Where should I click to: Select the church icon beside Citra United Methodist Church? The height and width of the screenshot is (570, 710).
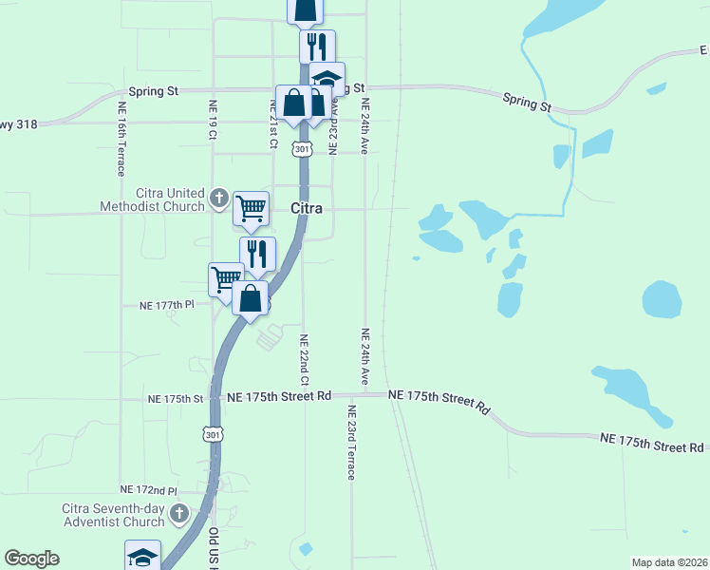pyautogui.click(x=218, y=199)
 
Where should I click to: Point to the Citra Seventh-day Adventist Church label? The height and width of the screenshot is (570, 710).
pyautogui.click(x=113, y=515)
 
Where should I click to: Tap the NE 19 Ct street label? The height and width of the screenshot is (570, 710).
pyautogui.click(x=212, y=122)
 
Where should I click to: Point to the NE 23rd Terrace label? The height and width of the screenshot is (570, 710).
pyautogui.click(x=350, y=442)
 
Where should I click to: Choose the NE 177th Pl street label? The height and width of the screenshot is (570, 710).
pyautogui.click(x=166, y=305)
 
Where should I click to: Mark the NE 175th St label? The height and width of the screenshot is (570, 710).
pyautogui.click(x=177, y=399)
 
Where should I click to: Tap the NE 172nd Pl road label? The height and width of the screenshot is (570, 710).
pyautogui.click(x=149, y=489)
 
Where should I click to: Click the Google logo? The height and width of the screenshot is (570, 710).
pyautogui.click(x=31, y=559)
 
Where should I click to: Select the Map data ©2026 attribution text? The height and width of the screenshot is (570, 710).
pyautogui.click(x=668, y=562)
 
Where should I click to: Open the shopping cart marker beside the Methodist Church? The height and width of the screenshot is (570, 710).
pyautogui.click(x=251, y=208)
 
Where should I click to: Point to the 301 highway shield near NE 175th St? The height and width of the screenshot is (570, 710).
pyautogui.click(x=212, y=433)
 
